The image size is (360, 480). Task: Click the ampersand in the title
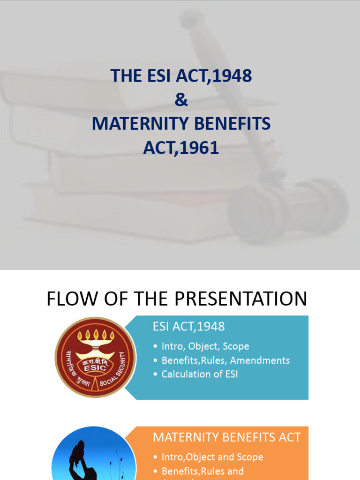tap(181, 99)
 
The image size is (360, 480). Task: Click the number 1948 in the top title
tap(232, 75)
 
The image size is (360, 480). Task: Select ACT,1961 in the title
tap(181, 148)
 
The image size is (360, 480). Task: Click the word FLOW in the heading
tap(70, 299)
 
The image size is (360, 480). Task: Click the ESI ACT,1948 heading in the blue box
tap(189, 326)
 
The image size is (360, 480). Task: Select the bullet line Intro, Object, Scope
tap(205, 346)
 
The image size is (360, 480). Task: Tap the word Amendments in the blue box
tap(260, 360)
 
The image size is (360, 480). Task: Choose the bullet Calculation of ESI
tap(200, 374)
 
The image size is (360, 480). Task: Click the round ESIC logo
tap(95, 357)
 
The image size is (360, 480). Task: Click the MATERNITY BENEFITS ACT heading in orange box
tap(227, 437)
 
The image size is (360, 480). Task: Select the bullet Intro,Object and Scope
tap(212, 457)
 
